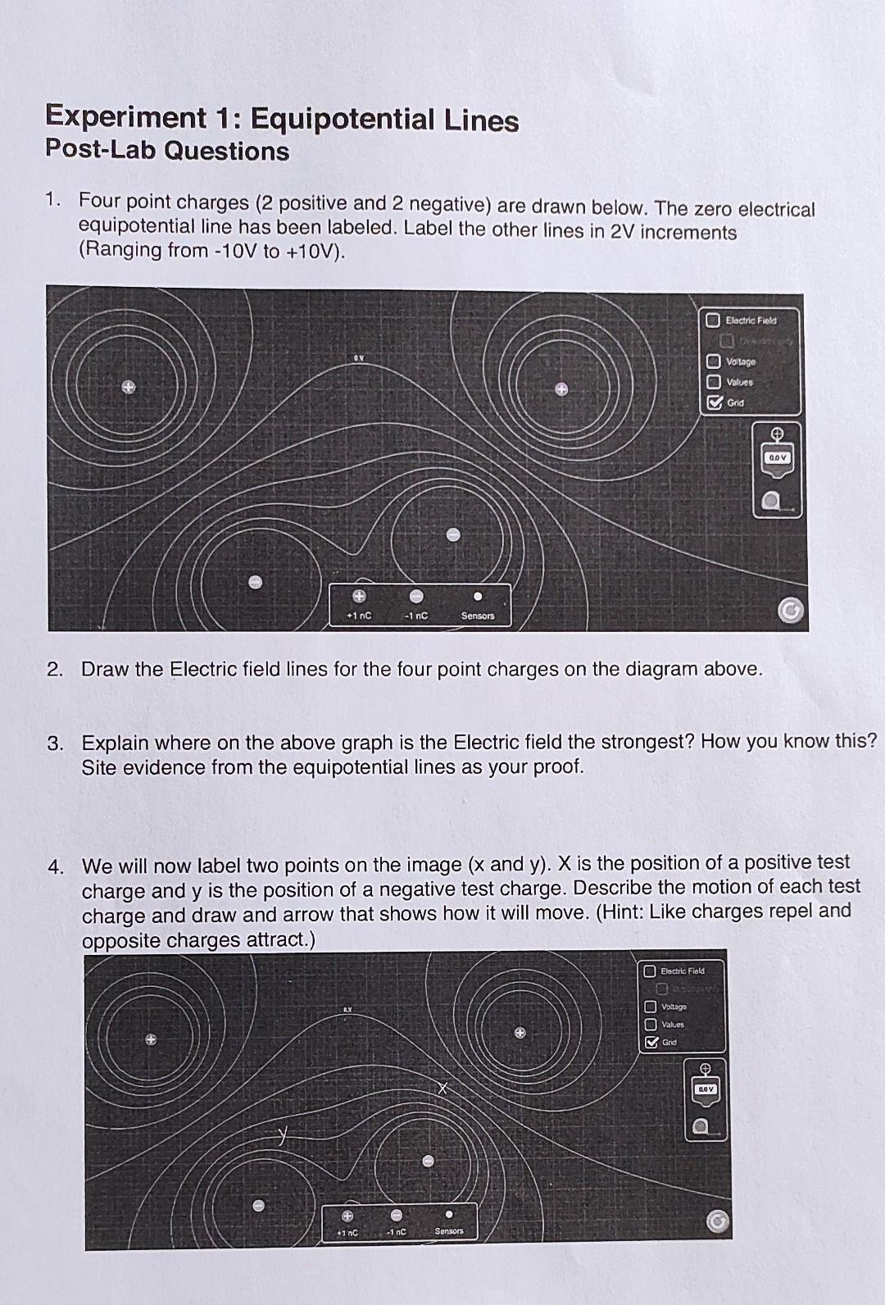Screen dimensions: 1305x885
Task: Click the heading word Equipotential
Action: click(343, 120)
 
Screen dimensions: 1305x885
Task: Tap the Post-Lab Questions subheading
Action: click(167, 151)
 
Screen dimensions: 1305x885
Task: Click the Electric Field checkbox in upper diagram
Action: click(713, 321)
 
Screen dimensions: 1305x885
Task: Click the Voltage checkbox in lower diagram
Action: click(650, 1007)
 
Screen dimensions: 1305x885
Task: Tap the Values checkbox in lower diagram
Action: click(650, 1025)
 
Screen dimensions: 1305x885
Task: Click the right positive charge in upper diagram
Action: click(560, 390)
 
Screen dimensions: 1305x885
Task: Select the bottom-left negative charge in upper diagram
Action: click(255, 582)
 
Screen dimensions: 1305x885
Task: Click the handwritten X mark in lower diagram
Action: click(442, 1089)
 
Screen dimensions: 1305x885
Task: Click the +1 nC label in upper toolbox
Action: click(359, 616)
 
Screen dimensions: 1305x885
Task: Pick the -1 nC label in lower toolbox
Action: click(397, 1231)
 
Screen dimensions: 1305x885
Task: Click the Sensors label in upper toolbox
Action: click(478, 616)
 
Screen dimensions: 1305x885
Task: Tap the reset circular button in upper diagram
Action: click(790, 611)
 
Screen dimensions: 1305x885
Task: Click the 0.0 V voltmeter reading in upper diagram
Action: click(778, 457)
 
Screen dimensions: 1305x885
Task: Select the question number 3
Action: click(55, 743)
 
